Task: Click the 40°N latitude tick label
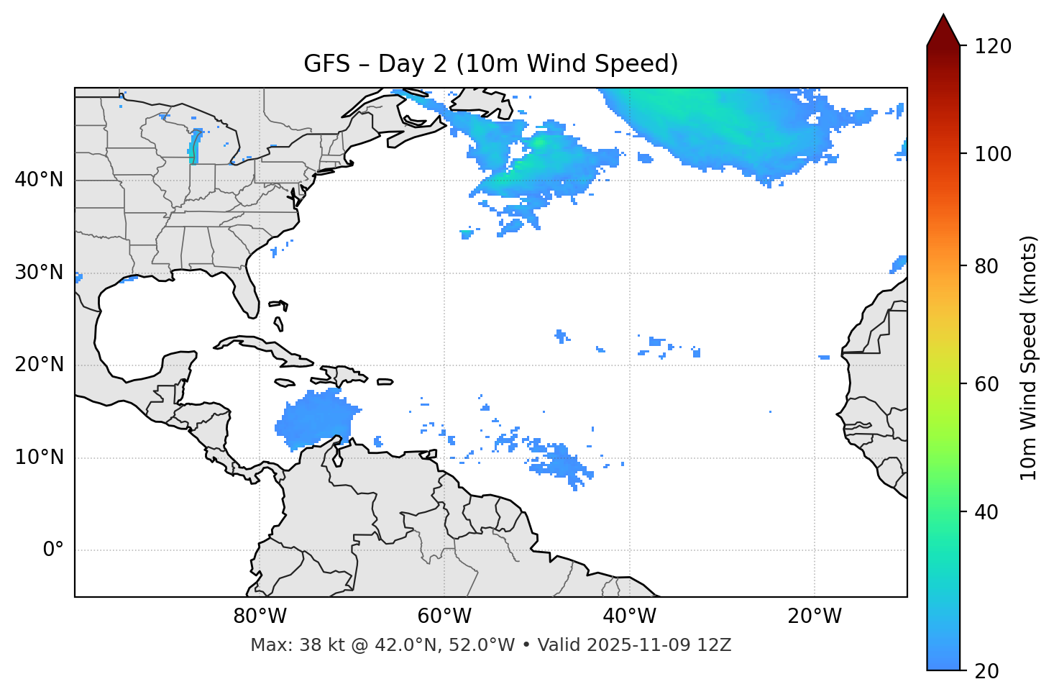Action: coord(39,180)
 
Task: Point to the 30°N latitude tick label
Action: coord(39,273)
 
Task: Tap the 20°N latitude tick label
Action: coord(39,365)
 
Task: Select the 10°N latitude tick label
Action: coord(39,457)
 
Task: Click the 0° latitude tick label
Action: coord(52,550)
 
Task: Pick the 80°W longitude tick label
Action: coord(260,616)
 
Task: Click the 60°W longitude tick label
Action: coord(444,616)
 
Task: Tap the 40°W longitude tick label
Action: coord(629,616)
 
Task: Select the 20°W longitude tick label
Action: coord(814,616)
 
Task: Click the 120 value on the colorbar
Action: coord(993,47)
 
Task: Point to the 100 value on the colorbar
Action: coord(993,154)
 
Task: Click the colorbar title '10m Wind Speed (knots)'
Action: coord(1029,357)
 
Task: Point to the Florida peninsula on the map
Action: coord(245,291)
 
